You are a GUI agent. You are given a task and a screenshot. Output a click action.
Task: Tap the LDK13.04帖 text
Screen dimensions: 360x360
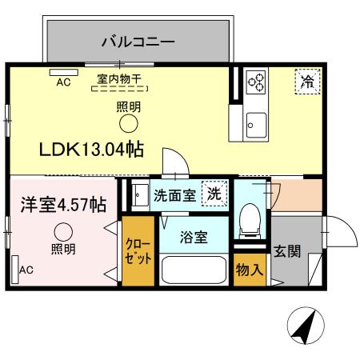point(92,149)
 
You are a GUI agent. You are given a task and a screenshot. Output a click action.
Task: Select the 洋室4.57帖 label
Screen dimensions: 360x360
point(63,205)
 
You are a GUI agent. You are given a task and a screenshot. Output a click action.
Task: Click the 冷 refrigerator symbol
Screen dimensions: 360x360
point(306,80)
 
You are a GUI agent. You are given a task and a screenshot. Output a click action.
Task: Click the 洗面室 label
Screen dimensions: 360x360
point(174,194)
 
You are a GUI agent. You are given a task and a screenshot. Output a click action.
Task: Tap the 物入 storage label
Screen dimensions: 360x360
point(250,269)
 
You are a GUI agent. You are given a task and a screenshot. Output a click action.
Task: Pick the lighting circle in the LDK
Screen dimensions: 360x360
point(128,123)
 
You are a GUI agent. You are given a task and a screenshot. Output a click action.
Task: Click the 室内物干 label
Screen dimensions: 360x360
point(119,78)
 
